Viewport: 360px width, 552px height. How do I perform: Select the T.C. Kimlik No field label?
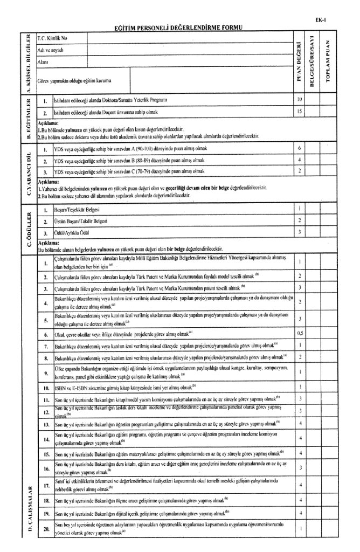(x=51, y=39)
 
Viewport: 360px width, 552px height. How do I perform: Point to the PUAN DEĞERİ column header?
(x=299, y=63)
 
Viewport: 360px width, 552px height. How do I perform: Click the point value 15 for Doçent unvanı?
(x=299, y=112)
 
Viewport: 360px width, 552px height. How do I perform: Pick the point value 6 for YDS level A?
(x=299, y=148)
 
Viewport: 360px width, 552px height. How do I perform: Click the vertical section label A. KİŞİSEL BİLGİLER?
(x=24, y=63)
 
